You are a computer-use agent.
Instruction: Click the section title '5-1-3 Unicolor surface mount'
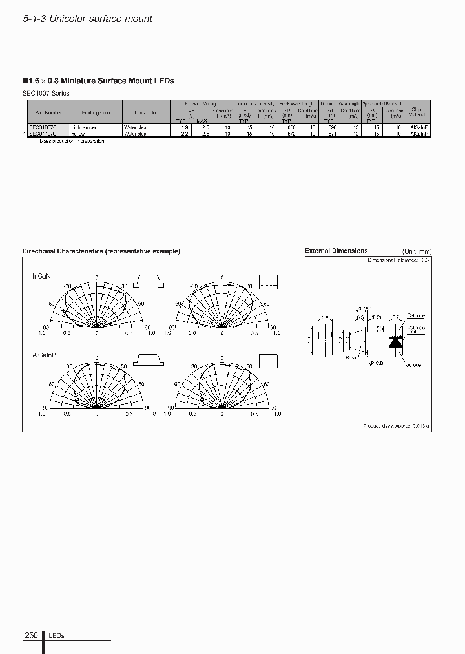pyautogui.click(x=87, y=19)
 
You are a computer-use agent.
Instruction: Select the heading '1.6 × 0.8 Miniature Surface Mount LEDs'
pyautogui.click(x=99, y=81)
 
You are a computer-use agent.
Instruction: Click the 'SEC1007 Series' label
pyautogui.click(x=46, y=93)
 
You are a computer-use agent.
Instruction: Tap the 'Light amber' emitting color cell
pyautogui.click(x=83, y=128)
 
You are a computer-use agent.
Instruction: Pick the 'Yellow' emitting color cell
pyautogui.click(x=78, y=134)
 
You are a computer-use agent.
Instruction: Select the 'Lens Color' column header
pyautogui.click(x=146, y=112)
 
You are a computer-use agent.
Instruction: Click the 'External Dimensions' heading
pyautogui.click(x=336, y=251)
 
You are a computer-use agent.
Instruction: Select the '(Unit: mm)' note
pyautogui.click(x=417, y=251)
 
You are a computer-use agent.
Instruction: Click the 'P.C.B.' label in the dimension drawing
pyautogui.click(x=377, y=363)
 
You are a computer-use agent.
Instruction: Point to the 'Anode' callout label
pyautogui.click(x=413, y=365)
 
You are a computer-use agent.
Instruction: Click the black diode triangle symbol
pyautogui.click(x=395, y=344)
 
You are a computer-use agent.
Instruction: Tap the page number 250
pyautogui.click(x=32, y=635)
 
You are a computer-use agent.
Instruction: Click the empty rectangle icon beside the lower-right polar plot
pyautogui.click(x=268, y=361)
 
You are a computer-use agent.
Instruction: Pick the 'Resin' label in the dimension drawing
pyautogui.click(x=351, y=357)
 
